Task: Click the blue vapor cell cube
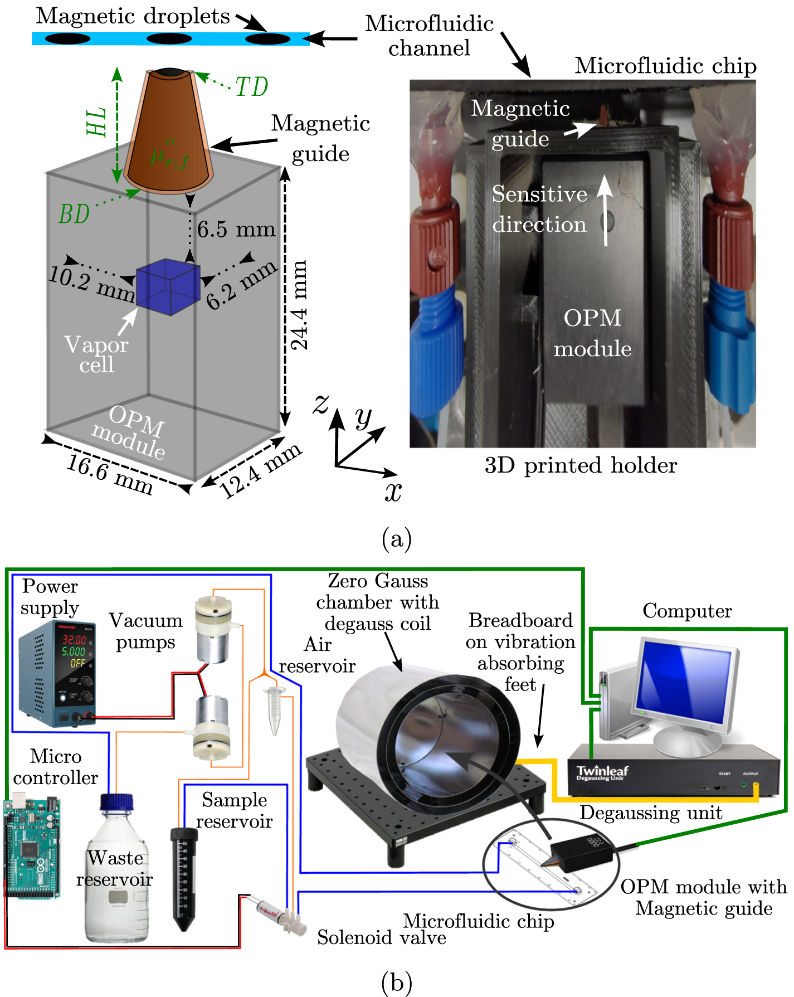[x=168, y=287]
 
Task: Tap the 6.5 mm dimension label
[x=236, y=229]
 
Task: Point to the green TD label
[x=252, y=87]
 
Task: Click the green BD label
[x=74, y=214]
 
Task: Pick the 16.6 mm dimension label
[x=109, y=475]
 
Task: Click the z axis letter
[x=321, y=403]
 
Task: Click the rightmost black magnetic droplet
[x=268, y=39]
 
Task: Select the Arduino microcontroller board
[x=32, y=848]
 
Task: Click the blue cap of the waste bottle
[x=116, y=802]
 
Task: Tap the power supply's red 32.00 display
[x=74, y=640]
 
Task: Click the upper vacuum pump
[x=213, y=630]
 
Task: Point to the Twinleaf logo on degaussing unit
[x=602, y=772]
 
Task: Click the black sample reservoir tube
[x=184, y=878]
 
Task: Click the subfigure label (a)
[x=397, y=538]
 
